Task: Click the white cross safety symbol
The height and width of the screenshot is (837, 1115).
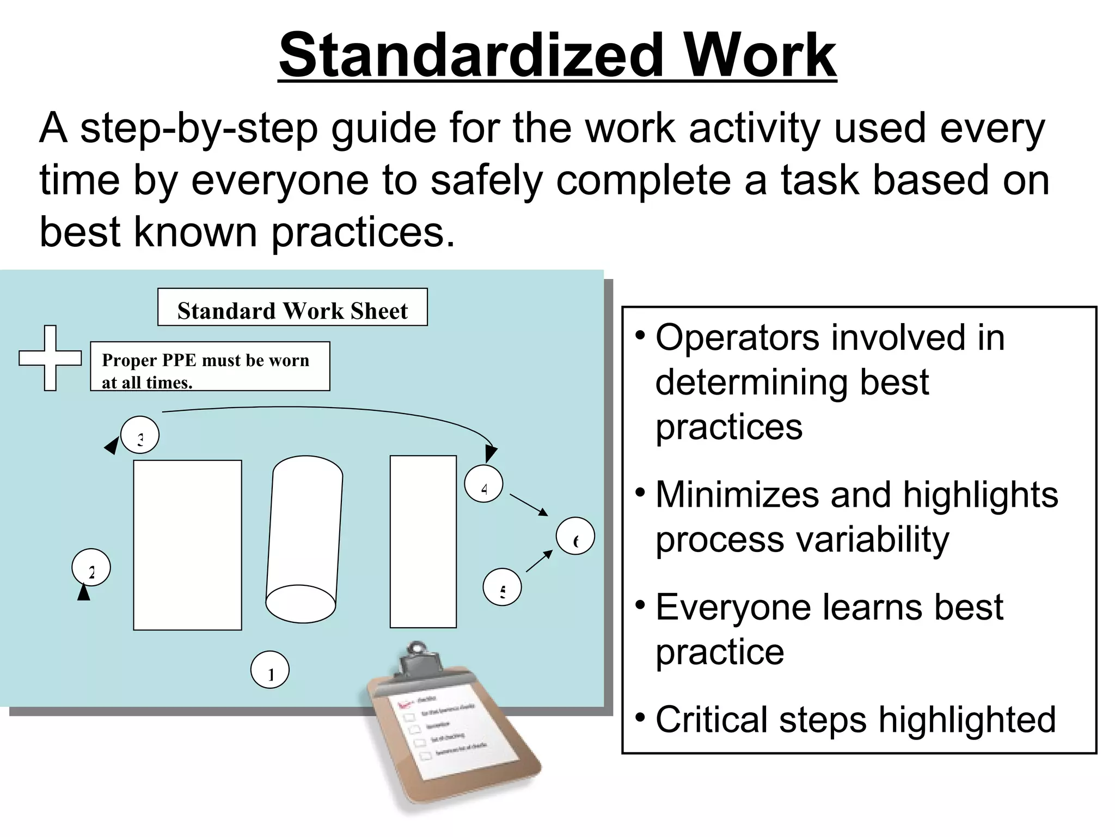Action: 50,358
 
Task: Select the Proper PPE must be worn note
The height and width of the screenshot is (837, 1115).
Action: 210,367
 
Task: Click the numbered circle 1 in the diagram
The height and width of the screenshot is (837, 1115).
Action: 270,670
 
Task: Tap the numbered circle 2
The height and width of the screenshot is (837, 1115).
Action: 91,567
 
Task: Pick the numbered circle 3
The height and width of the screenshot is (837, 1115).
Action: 140,435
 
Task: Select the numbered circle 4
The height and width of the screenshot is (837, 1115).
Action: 483,483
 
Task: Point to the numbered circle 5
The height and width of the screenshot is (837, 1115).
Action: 502,587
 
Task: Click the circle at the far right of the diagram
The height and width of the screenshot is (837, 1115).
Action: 575,536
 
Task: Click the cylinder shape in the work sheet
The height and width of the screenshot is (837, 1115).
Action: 304,539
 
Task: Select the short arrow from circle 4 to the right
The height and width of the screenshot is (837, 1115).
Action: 529,505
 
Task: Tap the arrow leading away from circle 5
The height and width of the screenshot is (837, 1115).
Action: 539,561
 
